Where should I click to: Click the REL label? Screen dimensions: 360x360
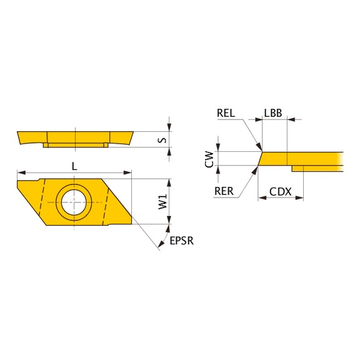226,113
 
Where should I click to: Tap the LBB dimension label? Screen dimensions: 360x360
273,113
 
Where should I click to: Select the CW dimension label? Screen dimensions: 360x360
209,159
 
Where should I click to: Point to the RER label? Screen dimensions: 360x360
224,191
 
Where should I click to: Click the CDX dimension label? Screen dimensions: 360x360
281,192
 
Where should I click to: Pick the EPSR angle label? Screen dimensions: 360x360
182,241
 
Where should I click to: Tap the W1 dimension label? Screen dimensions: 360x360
162,201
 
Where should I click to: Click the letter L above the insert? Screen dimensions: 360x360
74,166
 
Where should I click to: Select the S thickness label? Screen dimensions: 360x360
162,140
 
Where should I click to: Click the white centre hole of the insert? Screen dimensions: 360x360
74,202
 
